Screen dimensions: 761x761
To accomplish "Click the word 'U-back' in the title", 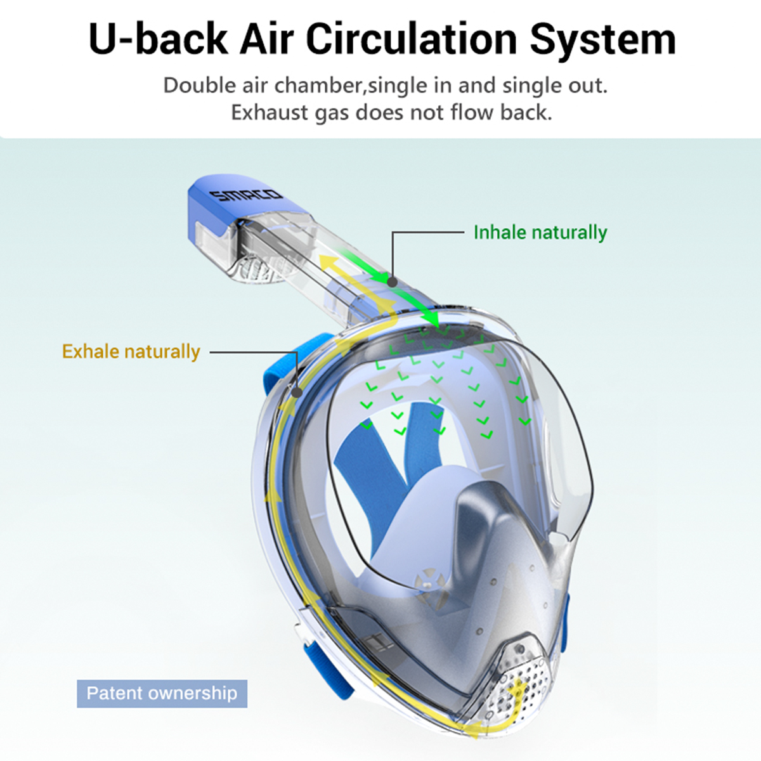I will click(157, 39).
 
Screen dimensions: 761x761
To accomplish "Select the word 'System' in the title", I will click(602, 39).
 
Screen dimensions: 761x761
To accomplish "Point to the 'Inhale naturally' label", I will click(540, 232).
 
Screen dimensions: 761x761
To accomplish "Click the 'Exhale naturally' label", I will click(131, 351).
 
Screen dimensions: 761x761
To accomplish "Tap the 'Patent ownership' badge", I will click(162, 693).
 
